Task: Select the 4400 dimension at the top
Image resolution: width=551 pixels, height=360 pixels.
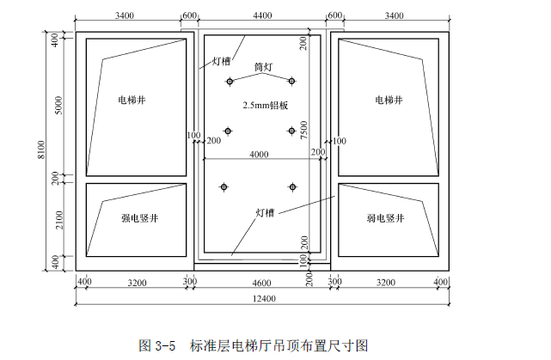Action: pyautogui.click(x=263, y=15)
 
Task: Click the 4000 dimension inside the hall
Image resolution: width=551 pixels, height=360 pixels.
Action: pyautogui.click(x=258, y=154)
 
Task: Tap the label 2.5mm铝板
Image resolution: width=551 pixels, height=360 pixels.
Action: pyautogui.click(x=265, y=105)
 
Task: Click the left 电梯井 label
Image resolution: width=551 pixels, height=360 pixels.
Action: pyautogui.click(x=132, y=101)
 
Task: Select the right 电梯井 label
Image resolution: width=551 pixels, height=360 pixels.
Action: pyautogui.click(x=389, y=101)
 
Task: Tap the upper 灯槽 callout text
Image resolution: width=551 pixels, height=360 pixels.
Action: pyautogui.click(x=221, y=61)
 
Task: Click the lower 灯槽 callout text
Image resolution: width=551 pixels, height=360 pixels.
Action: pyautogui.click(x=265, y=211)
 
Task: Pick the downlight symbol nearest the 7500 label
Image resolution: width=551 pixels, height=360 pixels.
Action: pyautogui.click(x=291, y=131)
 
